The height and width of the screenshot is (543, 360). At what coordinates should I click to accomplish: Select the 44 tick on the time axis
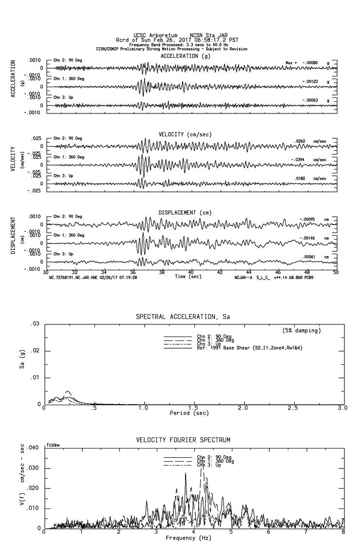pyautogui.click(x=249, y=272)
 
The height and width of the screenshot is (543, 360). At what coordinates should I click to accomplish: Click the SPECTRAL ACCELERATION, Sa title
pyautogui.click(x=183, y=317)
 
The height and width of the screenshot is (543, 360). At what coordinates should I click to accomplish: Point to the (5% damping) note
pyautogui.click(x=302, y=331)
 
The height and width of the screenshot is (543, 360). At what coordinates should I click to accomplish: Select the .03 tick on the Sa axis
pyautogui.click(x=35, y=324)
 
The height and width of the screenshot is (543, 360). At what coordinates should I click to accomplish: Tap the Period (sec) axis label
pyautogui.click(x=189, y=413)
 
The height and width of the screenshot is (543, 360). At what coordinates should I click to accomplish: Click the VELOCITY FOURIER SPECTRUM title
pyautogui.click(x=183, y=440)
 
